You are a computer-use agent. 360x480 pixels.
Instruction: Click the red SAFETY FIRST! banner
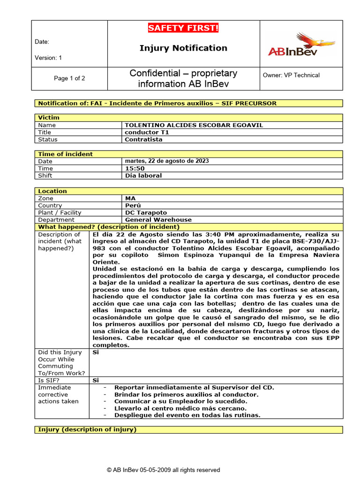point(183,29)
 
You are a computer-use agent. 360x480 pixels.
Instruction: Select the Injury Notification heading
point(183,48)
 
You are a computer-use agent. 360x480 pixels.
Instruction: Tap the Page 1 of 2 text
point(69,78)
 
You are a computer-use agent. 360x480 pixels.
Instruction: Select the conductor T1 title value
point(147,132)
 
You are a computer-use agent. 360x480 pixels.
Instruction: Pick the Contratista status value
point(143,139)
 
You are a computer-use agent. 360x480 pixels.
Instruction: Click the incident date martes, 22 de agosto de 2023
point(167,161)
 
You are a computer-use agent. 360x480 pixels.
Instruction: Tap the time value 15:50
point(135,168)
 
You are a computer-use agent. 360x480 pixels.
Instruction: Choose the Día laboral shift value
point(143,175)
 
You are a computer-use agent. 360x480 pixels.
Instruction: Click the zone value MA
point(130,198)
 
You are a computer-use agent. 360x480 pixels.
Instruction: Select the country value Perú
point(133,205)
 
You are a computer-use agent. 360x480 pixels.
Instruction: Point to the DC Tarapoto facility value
point(146,212)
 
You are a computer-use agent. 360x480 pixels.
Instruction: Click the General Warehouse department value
point(158,219)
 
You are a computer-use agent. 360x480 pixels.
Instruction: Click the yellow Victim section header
point(49,118)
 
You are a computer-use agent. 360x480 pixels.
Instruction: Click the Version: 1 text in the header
point(48,58)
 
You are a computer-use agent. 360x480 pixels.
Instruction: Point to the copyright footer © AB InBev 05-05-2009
point(163,470)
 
